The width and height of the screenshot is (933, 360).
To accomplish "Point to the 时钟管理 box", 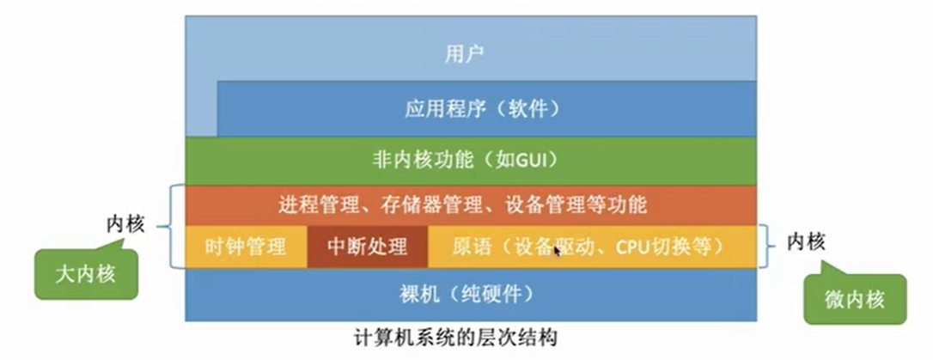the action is click(x=246, y=247).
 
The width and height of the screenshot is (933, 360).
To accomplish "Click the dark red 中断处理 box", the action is click(x=367, y=247).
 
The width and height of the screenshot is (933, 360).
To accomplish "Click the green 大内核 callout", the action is click(x=86, y=275).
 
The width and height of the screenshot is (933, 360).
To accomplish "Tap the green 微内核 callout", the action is click(x=854, y=298).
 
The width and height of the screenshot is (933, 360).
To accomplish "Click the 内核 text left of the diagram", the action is click(x=125, y=224).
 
